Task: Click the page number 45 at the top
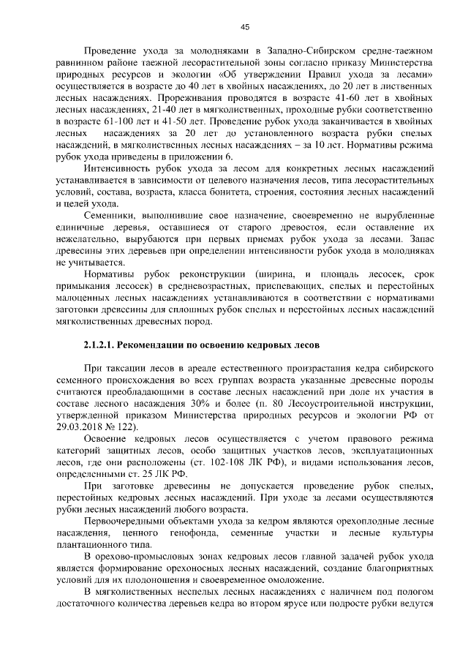click(245, 27)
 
